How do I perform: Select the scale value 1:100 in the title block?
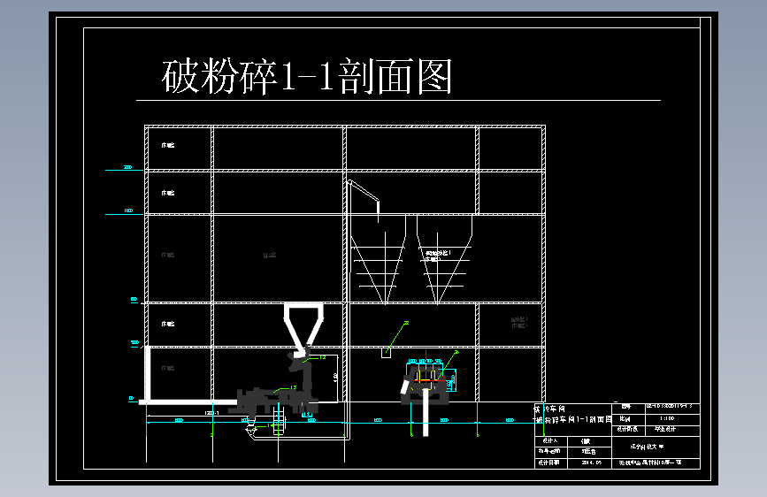point(665,418)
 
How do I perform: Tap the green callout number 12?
point(323,356)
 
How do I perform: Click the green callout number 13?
point(293,387)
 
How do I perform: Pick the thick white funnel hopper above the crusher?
point(303,324)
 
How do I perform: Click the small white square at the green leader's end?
point(386,352)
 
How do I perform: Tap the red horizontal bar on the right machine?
point(427,381)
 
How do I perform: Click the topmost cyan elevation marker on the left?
point(127,167)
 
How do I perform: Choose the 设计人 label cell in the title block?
point(549,440)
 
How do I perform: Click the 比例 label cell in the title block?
point(625,418)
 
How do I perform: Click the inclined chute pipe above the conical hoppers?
point(362,195)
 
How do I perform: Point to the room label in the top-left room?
point(167,144)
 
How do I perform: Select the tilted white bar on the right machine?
point(406,386)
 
